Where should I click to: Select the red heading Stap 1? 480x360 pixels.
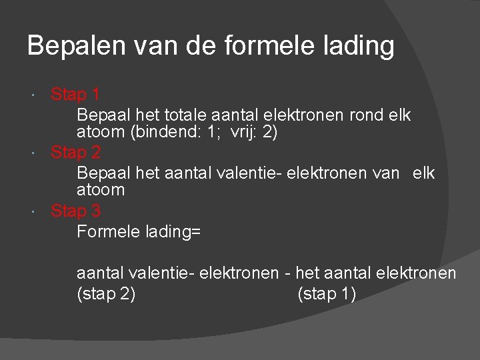(x=75, y=95)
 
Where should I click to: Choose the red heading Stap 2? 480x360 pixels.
(x=75, y=153)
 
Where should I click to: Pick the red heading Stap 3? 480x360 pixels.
(x=75, y=211)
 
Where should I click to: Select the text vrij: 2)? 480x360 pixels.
(x=254, y=132)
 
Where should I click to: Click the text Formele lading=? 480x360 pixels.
(x=139, y=232)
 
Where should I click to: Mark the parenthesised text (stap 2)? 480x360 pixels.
(x=106, y=294)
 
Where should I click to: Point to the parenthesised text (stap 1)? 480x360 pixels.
(x=327, y=294)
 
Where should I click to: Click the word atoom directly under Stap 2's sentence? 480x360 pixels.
(x=101, y=190)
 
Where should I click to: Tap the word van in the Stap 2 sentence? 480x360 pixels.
(x=387, y=173)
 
